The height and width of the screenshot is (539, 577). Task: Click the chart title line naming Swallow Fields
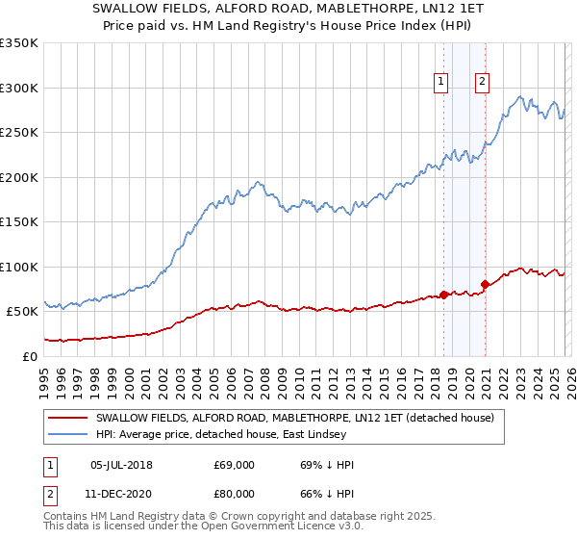pos(288,11)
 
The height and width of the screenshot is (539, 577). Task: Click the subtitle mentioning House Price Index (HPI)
pos(288,27)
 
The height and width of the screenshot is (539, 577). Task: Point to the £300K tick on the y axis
pos(19,88)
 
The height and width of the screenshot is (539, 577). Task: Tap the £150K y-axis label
pos(19,222)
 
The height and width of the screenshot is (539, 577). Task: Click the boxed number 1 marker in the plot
pos(441,83)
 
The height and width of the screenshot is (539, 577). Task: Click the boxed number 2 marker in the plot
pos(482,83)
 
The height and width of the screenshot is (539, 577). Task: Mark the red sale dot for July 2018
pos(443,295)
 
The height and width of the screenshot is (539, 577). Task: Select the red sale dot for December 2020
pos(485,284)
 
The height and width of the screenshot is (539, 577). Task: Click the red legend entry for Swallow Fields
pos(294,418)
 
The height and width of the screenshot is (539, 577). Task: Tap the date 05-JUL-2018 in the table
pos(120,465)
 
